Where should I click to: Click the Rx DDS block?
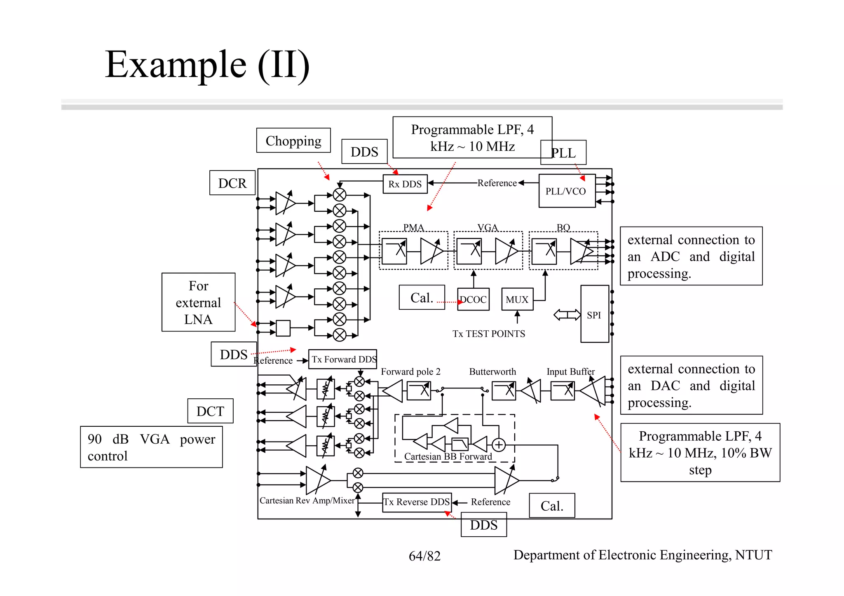(x=405, y=184)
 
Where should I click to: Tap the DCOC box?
(x=474, y=299)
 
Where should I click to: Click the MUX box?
(x=517, y=299)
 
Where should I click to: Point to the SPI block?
(x=594, y=315)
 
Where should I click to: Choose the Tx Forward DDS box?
(x=343, y=359)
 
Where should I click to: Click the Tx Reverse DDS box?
(x=417, y=502)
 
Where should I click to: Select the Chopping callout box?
(x=293, y=141)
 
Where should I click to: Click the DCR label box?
(x=232, y=183)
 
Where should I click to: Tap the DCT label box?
(x=210, y=411)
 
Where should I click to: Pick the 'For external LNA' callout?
(x=198, y=302)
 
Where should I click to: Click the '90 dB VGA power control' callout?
(x=151, y=447)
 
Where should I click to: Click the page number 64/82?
(x=424, y=556)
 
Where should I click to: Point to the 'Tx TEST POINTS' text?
(x=489, y=334)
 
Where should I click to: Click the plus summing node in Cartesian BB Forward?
(x=499, y=445)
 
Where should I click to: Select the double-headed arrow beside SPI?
(x=567, y=315)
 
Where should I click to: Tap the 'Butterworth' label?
(x=492, y=372)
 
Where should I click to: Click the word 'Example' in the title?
(x=176, y=65)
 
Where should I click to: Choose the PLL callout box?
(x=563, y=153)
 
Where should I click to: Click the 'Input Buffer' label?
(x=570, y=372)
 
